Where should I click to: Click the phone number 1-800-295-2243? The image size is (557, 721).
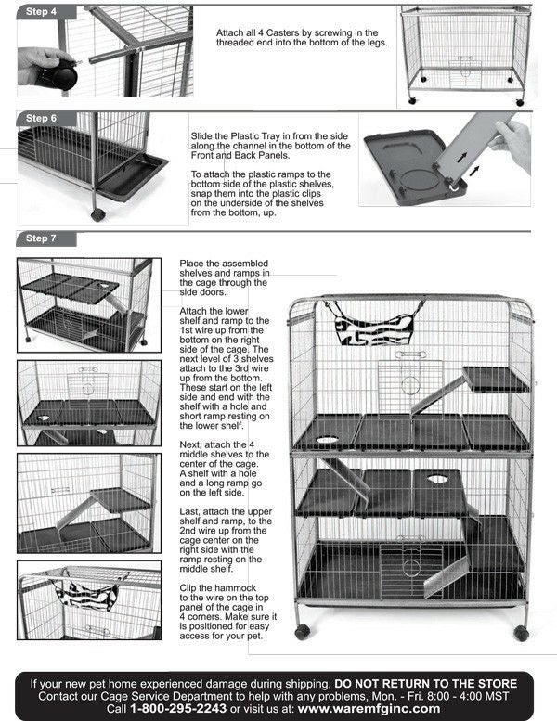pos(180,709)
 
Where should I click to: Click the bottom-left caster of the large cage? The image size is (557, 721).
pos(303,631)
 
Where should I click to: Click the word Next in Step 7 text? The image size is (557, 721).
pos(192,444)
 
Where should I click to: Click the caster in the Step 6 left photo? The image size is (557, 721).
pos(97,214)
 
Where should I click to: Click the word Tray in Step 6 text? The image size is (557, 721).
pos(268,135)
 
